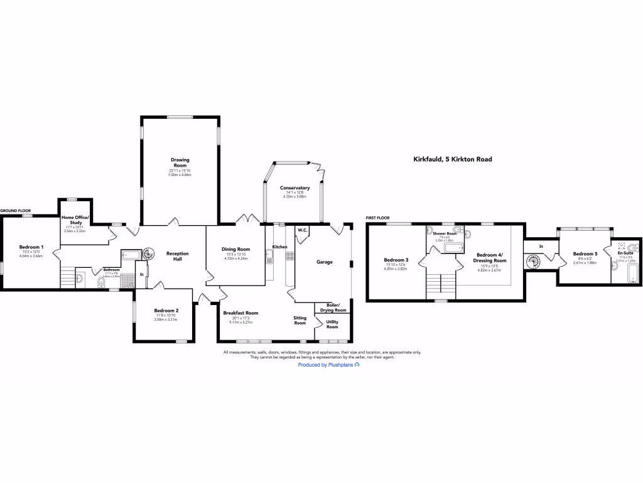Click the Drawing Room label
180,163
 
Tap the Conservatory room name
295,188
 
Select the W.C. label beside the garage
302,230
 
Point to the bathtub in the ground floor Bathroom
132,255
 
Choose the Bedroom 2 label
166,311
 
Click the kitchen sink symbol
269,256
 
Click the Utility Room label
332,324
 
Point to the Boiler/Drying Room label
333,308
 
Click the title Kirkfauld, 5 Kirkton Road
452,160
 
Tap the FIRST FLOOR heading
379,218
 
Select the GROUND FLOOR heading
16,211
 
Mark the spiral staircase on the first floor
532,261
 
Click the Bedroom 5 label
585,254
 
